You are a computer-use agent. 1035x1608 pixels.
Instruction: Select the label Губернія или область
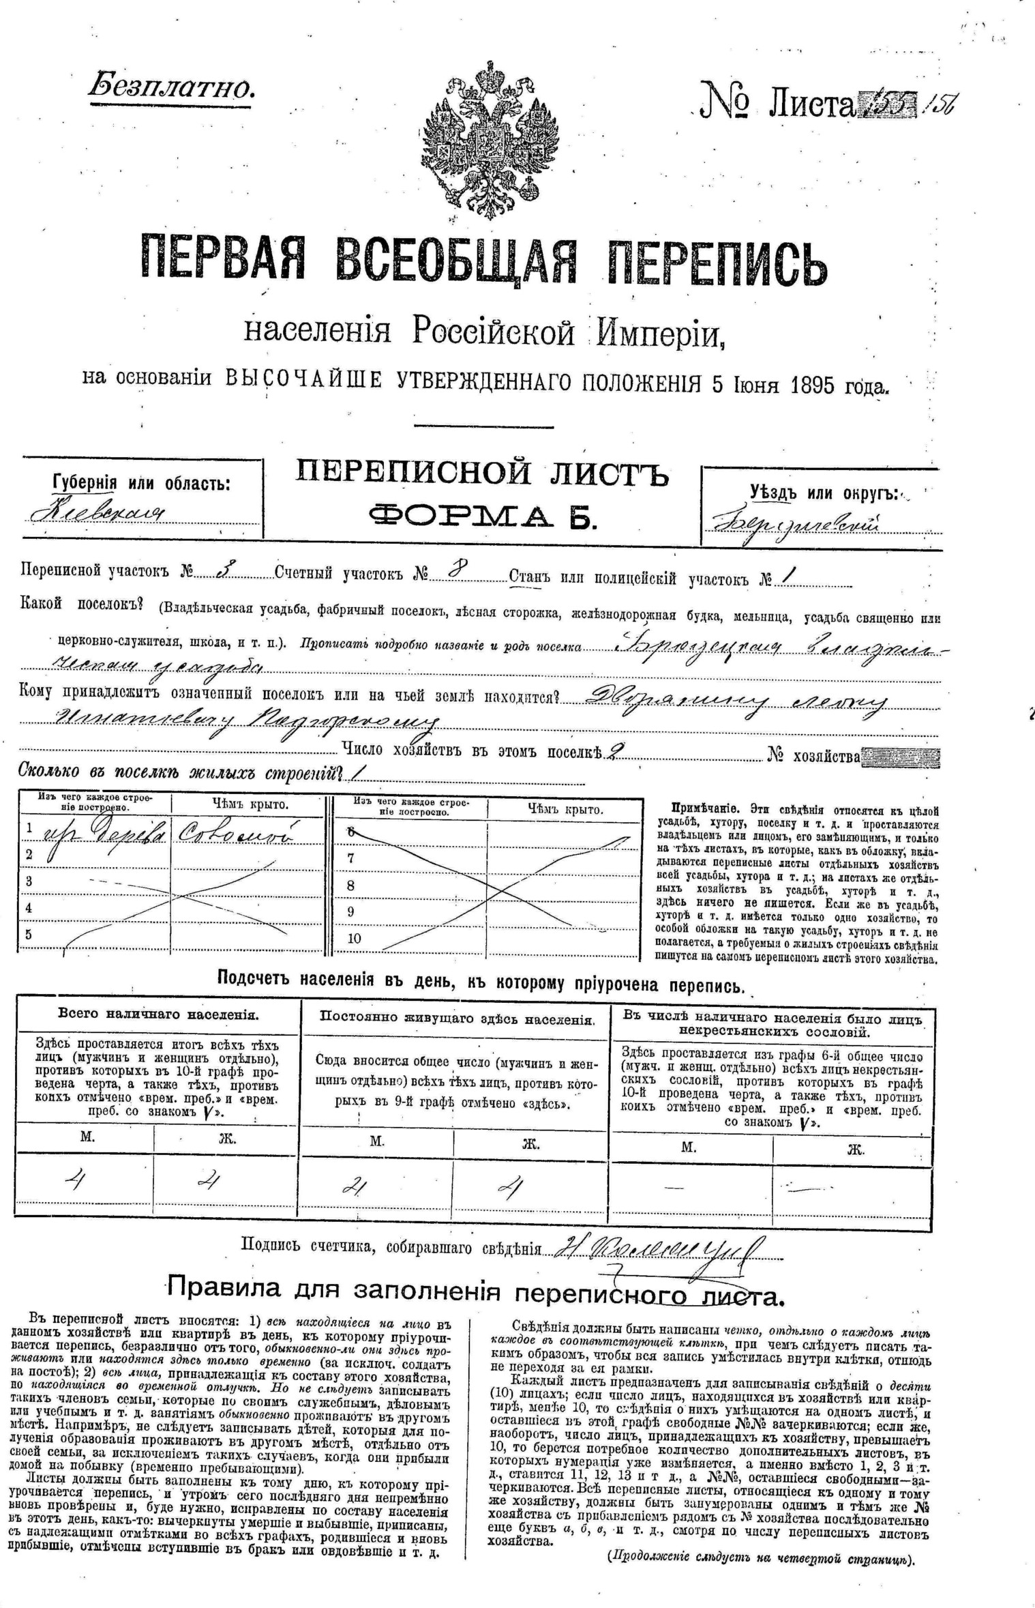[x=141, y=483]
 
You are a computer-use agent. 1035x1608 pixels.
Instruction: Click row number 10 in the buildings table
[x=354, y=938]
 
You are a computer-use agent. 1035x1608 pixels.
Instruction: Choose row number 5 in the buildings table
[x=29, y=934]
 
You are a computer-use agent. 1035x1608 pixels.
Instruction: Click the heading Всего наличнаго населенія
[x=158, y=1014]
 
